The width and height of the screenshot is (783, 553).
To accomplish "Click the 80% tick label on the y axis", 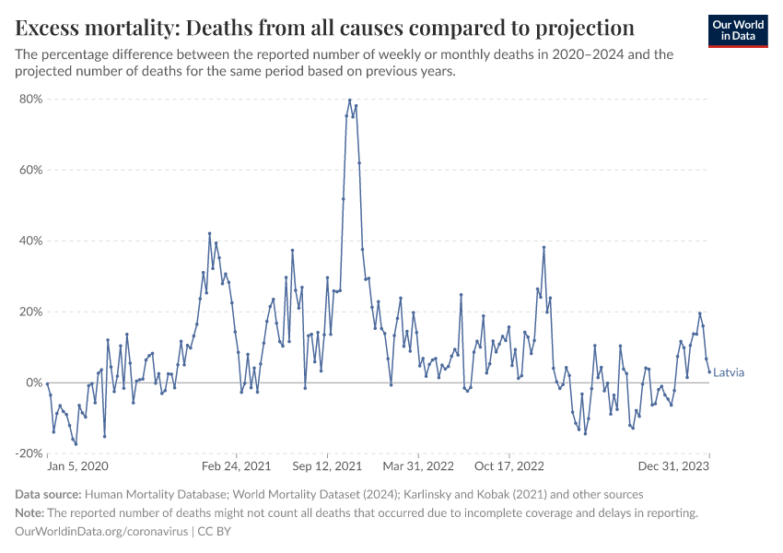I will pos(31,99).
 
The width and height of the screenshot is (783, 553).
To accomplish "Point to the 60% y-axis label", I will pos(31,170).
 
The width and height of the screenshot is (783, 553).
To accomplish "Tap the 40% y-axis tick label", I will pos(31,241).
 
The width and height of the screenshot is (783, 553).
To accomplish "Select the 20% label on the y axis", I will pos(31,312).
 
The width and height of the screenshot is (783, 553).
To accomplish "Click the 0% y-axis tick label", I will pos(35,382).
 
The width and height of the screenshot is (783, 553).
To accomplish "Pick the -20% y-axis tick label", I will pos(29,453).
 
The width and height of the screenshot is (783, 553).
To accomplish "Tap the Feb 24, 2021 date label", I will pos(237,466).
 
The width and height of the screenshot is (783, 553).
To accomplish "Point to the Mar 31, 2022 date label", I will pos(418,466).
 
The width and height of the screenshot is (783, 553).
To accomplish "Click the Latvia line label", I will pos(729,373).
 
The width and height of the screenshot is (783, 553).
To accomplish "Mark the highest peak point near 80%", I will pos(350,100).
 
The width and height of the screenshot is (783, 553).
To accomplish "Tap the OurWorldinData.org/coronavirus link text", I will pos(102,532).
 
